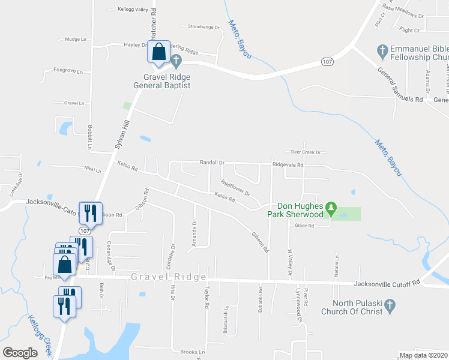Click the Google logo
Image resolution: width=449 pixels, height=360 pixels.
20,353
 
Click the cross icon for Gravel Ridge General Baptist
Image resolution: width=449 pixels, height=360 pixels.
176,60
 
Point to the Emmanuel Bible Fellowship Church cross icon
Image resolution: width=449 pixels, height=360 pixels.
381,52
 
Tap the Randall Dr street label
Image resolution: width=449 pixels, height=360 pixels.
212,163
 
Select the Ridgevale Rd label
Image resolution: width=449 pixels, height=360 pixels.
288,164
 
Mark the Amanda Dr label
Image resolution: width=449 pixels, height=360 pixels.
194,230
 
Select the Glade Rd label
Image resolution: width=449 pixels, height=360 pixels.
305,226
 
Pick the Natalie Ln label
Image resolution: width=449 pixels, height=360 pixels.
337,262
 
